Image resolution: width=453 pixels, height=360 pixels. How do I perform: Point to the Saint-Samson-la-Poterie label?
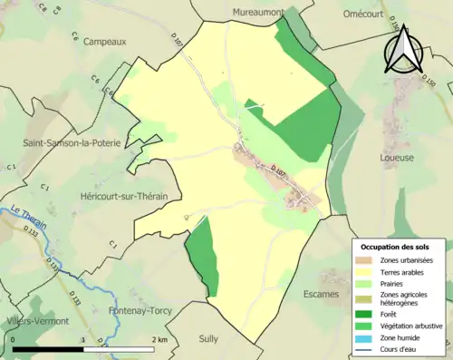click(72, 143)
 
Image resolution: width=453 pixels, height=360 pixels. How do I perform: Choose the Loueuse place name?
click(399, 157)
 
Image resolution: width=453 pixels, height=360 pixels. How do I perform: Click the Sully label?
click(208, 338)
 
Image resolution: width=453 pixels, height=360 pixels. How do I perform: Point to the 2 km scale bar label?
click(160, 339)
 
